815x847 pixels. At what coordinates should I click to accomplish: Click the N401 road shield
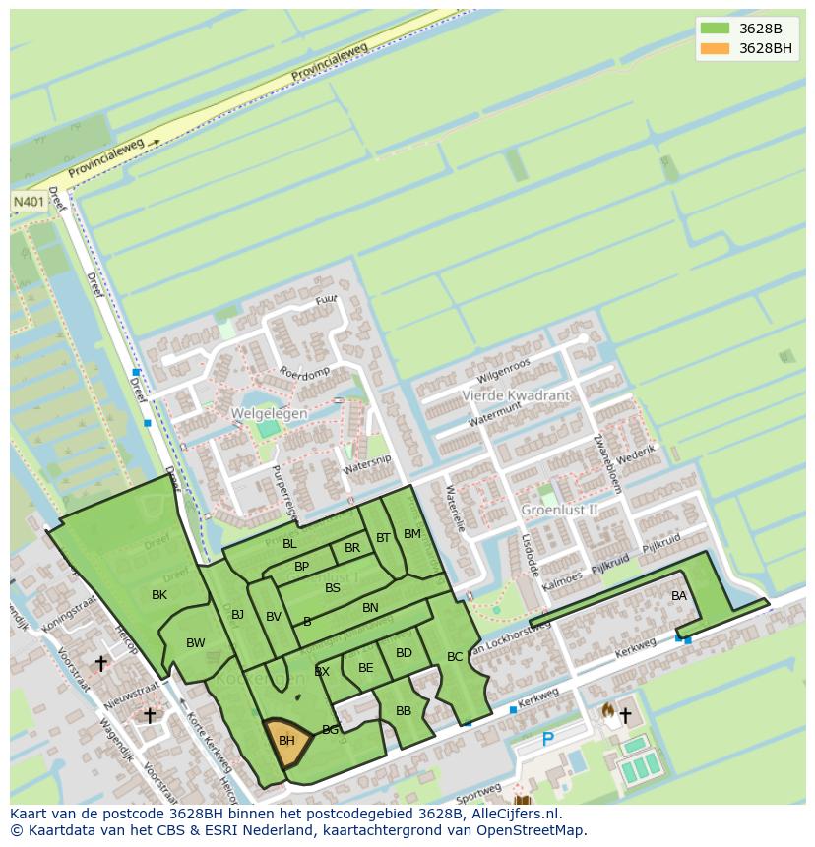[27, 201]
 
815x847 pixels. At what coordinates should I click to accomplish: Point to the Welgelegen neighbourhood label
[269, 413]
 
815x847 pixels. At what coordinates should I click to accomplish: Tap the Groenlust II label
[559, 510]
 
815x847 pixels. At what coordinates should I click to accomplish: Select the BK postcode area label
[159, 595]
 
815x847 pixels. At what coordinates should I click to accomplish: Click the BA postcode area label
[679, 596]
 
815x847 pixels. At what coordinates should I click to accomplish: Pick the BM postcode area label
[411, 534]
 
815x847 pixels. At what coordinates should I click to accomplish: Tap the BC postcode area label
[455, 656]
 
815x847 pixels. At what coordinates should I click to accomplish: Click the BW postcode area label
[196, 643]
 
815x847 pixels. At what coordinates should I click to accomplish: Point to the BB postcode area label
[404, 710]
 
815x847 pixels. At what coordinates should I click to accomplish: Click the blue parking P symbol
[548, 740]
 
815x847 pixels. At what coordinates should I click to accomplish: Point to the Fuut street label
[326, 299]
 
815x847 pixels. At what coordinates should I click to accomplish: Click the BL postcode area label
[289, 543]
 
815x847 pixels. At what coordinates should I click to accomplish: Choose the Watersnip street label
[367, 465]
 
